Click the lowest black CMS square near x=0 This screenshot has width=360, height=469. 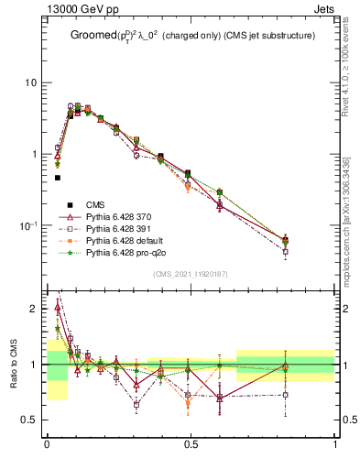coord(57,178)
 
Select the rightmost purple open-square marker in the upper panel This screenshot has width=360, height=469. coord(285,251)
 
